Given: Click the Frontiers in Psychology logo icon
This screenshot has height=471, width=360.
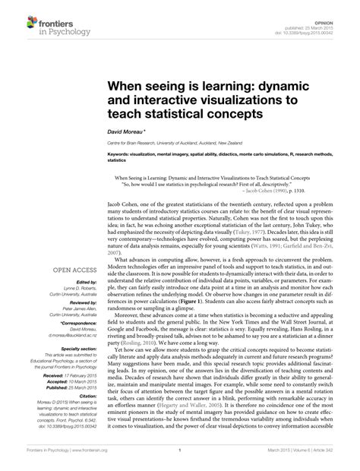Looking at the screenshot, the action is (17, 22).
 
